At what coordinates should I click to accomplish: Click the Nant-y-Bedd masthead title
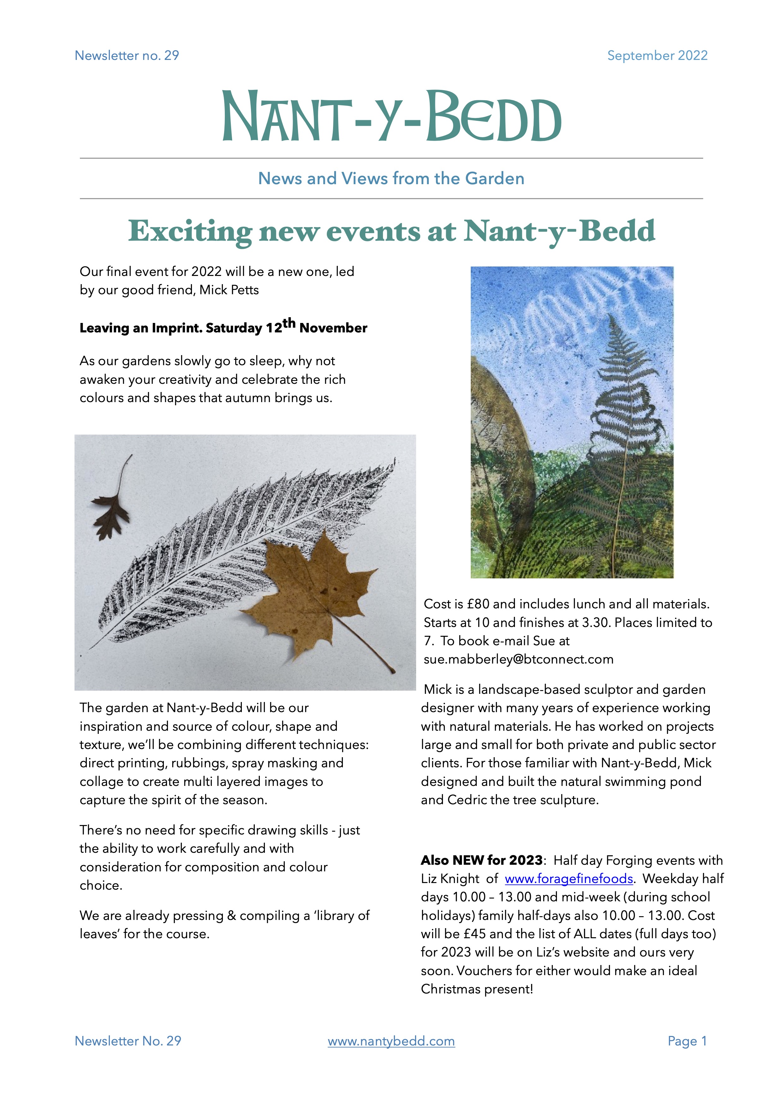click(x=391, y=117)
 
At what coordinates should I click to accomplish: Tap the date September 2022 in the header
click(x=657, y=56)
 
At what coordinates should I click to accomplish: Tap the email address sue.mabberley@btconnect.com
click(x=518, y=659)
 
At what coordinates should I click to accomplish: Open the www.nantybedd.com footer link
click(x=391, y=1041)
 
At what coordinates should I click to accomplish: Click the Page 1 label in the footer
click(x=687, y=1041)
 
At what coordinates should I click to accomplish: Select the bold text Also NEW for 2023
click(x=482, y=860)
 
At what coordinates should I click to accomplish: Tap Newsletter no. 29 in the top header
click(x=127, y=56)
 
